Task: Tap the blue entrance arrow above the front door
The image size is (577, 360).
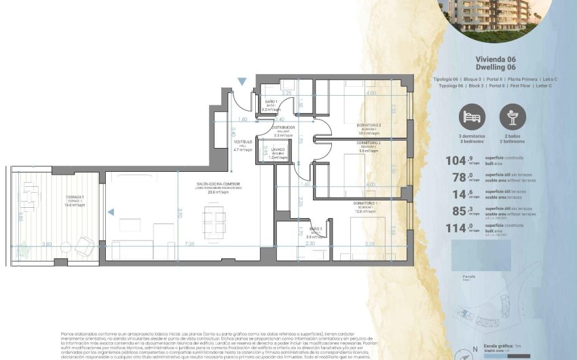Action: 242,82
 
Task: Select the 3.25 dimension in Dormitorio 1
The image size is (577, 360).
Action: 369,243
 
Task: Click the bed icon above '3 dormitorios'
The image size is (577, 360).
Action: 472,118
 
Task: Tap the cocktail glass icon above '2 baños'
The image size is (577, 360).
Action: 513,118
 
